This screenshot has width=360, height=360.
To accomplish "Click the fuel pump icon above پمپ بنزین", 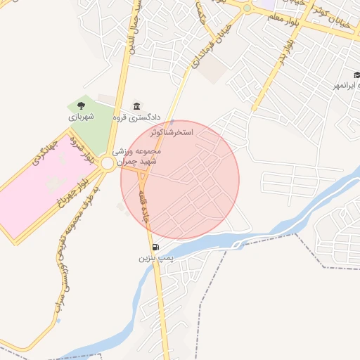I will coord(155,247).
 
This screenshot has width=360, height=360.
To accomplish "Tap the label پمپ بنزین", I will coord(155,259).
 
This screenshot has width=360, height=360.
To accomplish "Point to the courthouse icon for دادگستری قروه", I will coord(136,105).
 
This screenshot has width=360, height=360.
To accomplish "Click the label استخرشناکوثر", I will coord(172,131).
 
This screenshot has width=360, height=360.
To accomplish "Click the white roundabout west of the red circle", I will coord(107,164).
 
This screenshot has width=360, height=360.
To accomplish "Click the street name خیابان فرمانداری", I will coord(207,44).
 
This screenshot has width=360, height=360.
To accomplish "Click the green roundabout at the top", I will coord(247,8).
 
